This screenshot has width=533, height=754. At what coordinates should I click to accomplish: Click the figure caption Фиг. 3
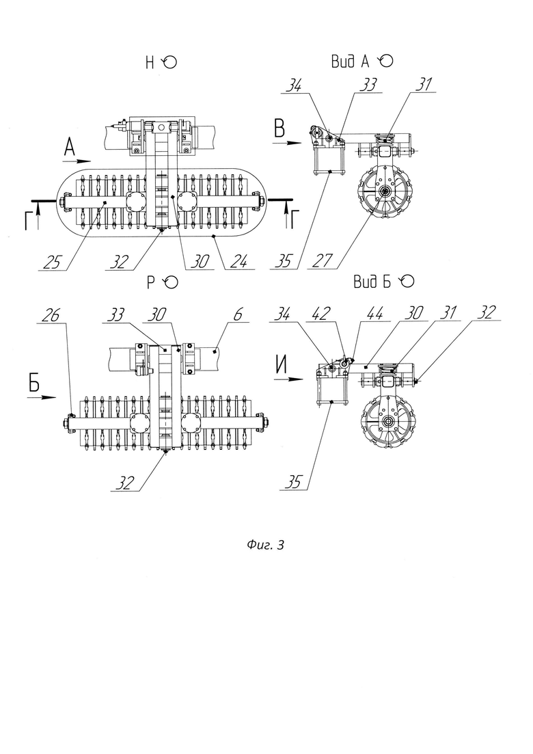pos(265,545)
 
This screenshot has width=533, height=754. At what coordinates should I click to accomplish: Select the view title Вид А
pos(350,62)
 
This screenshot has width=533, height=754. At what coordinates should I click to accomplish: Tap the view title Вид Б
pos(372,282)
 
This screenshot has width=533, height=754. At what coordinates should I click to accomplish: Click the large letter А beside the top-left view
pos(70,146)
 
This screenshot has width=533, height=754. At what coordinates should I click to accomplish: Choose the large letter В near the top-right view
pos(279,129)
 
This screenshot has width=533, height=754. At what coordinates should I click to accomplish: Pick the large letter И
pos(281,366)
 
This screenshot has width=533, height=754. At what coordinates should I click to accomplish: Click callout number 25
pos(52,262)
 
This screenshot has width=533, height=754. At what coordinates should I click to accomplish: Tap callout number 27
pos(323,260)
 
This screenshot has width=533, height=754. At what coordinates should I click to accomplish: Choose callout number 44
pos(375,314)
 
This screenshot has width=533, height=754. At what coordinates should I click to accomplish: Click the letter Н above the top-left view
pos(150,62)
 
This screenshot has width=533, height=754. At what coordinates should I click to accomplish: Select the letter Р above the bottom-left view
pos(151,283)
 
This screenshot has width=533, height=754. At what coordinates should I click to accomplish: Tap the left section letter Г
pos(30,221)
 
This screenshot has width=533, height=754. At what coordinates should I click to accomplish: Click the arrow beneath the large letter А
pos(77,161)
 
